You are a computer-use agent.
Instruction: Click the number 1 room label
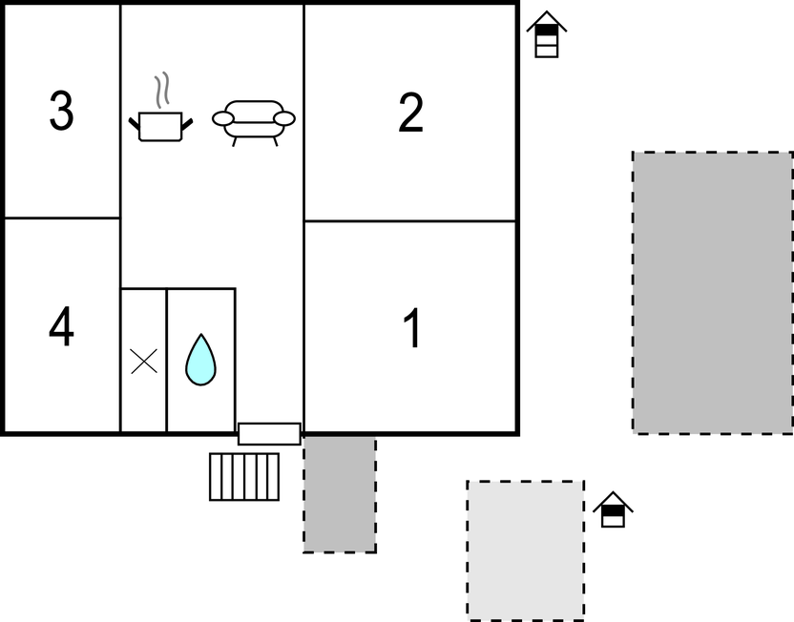[x=412, y=328]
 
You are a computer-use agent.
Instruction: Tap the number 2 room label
[x=410, y=113]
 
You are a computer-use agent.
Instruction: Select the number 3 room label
[x=62, y=111]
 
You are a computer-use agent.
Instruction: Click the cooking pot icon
[x=160, y=126]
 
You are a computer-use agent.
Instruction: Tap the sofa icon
[x=254, y=122]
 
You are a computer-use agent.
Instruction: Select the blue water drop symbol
[x=200, y=360]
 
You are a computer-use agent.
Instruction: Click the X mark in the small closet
[x=144, y=362]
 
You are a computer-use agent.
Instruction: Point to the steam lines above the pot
[x=162, y=90]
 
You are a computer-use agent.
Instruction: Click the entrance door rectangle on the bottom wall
[x=269, y=434]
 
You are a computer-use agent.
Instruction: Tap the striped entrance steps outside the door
[x=244, y=477]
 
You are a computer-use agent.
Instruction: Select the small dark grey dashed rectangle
[x=340, y=494]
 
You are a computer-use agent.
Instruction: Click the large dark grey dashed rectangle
[x=713, y=293]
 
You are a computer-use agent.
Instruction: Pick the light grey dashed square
[x=526, y=550]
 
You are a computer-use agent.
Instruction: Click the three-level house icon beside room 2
[x=547, y=34]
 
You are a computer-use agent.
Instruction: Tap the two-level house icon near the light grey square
[x=613, y=509]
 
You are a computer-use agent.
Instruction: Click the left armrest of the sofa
[x=222, y=119]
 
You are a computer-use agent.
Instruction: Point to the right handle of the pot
[x=187, y=124]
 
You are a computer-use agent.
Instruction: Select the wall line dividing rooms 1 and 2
[x=409, y=221]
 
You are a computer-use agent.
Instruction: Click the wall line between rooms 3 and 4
[x=62, y=218]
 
